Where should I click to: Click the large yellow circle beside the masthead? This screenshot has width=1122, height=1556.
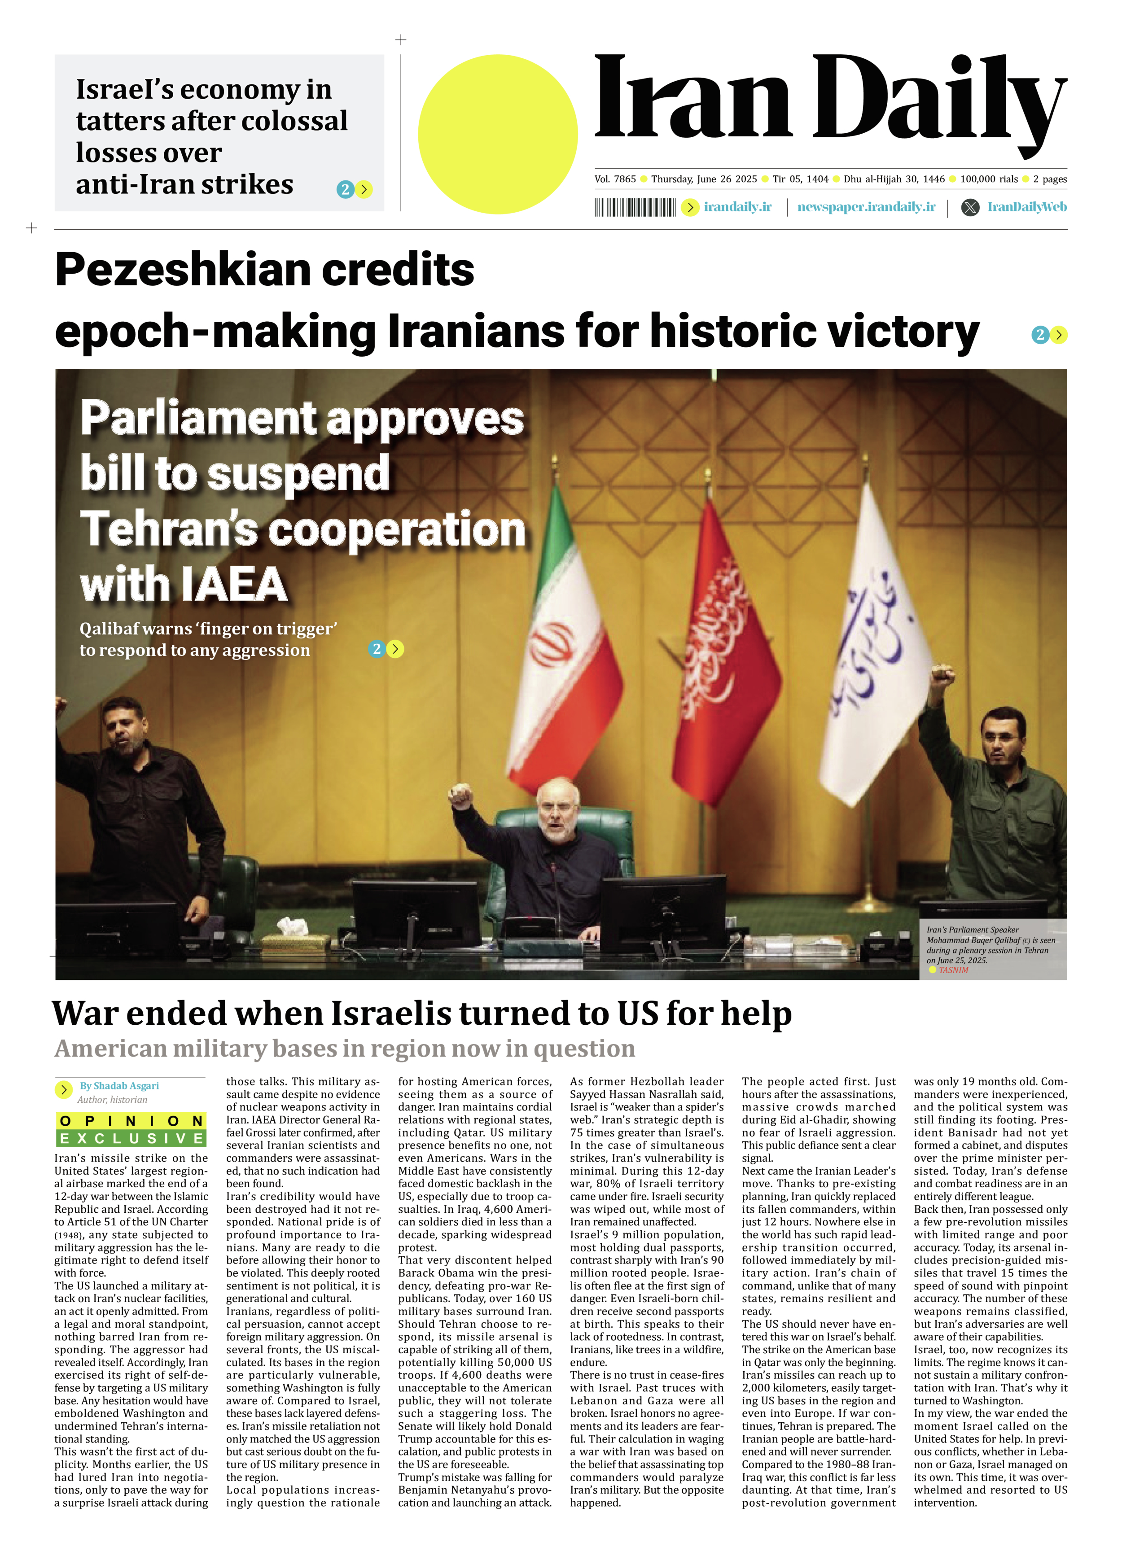click(x=498, y=135)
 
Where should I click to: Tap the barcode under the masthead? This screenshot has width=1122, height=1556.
click(x=635, y=207)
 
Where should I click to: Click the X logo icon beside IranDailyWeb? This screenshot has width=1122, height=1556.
click(x=970, y=207)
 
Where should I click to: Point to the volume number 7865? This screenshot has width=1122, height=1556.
click(x=624, y=179)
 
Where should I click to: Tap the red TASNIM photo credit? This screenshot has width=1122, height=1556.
click(x=953, y=970)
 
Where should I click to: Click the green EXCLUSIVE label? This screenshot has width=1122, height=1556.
click(x=131, y=1138)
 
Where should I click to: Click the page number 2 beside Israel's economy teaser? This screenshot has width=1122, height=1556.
click(x=345, y=189)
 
